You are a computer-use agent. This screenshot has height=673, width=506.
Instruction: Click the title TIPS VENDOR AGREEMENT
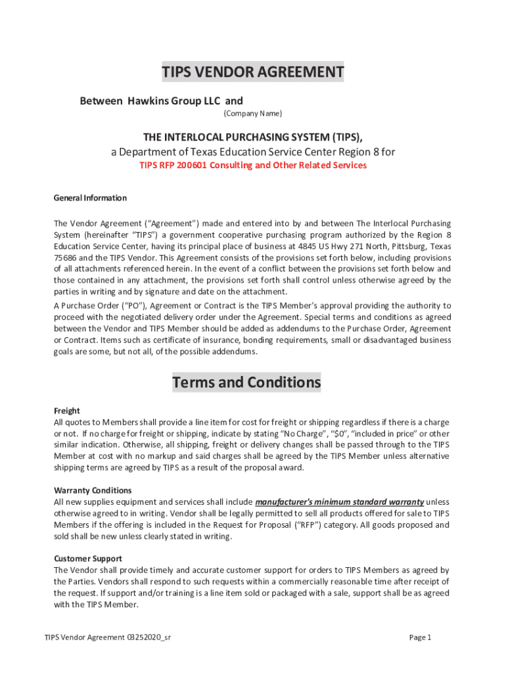253,72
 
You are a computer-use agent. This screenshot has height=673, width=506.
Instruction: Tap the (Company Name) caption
252,114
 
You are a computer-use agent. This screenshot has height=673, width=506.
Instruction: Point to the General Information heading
90,198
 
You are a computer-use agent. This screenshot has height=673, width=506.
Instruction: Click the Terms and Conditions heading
246,382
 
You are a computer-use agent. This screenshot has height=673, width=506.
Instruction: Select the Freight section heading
66,411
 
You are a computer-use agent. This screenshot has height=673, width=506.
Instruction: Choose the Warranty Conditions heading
93,490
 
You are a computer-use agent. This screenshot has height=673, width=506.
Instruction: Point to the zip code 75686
66,258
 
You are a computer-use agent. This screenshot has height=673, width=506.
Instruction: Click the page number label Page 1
419,637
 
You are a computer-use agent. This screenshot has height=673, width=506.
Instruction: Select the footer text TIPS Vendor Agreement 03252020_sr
108,637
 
